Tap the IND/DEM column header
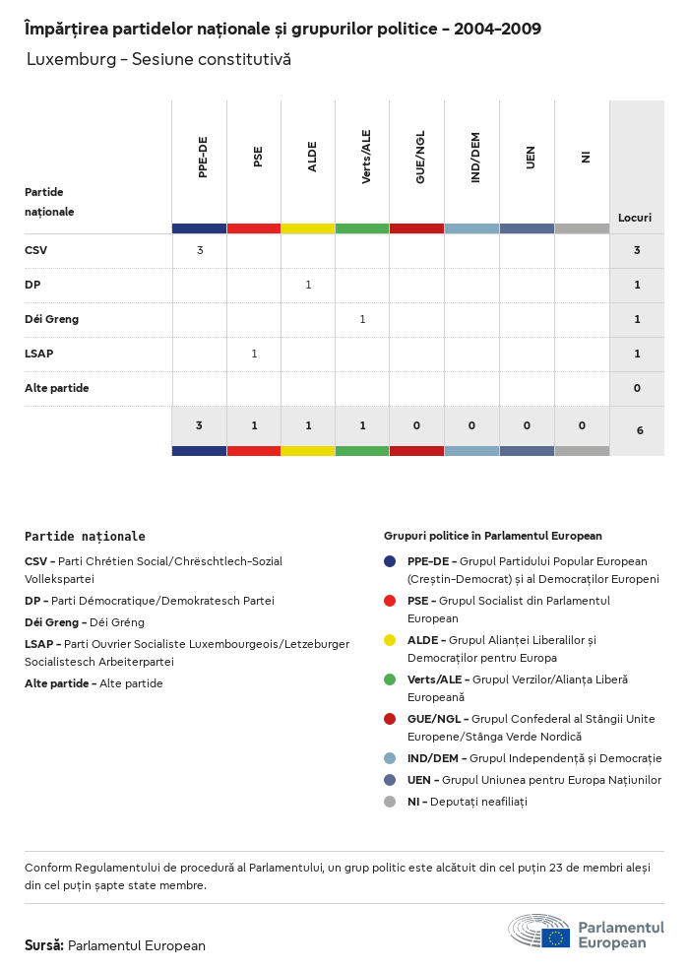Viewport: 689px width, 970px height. pos(475,158)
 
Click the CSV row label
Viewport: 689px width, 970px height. pos(35,250)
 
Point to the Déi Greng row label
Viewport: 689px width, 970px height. pos(51,319)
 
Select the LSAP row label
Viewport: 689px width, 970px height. pos(39,354)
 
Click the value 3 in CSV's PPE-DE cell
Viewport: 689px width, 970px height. pos(200,250)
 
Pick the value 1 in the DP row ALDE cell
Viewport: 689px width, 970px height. pos(308,285)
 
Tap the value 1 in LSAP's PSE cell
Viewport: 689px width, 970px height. pos(254,354)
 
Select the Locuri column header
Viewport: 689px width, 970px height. pos(635,217)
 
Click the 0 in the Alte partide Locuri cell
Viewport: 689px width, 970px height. pos(637,388)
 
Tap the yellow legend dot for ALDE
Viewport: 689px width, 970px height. pos(390,640)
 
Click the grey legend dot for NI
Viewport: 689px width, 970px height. pos(390,802)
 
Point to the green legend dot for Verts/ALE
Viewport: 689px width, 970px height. pos(390,679)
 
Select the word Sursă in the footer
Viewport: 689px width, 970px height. pos(43,945)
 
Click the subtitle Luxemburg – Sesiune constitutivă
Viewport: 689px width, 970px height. pos(158,60)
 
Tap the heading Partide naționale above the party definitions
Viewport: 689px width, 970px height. pos(85,537)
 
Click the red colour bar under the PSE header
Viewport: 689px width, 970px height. pos(254,228)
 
